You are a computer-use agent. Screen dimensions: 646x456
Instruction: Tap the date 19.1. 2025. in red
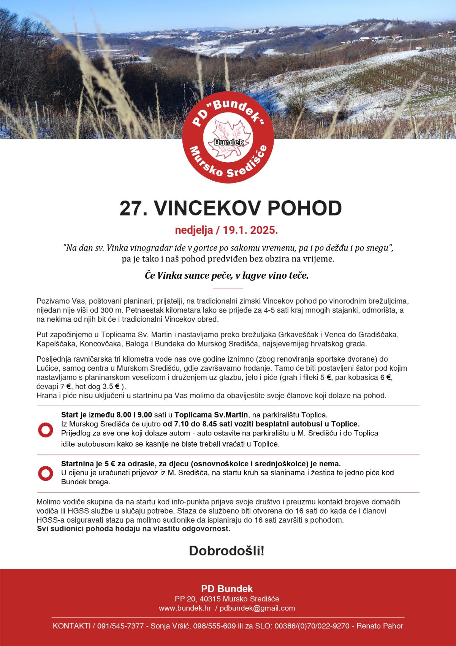pyautogui.click(x=251, y=230)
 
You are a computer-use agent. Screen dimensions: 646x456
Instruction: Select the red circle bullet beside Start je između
pyautogui.click(x=45, y=429)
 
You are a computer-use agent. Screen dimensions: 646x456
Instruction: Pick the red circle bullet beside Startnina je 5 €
pyautogui.click(x=45, y=473)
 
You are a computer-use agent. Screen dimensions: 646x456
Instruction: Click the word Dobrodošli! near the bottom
pyautogui.click(x=226, y=551)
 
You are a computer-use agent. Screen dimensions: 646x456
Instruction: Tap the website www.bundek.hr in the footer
pyautogui.click(x=185, y=608)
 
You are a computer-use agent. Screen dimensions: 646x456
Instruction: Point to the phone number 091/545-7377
pyautogui.click(x=120, y=626)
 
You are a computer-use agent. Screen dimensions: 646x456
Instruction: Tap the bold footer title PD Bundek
pyautogui.click(x=227, y=589)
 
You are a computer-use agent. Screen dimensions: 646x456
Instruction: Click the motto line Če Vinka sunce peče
pyautogui.click(x=227, y=275)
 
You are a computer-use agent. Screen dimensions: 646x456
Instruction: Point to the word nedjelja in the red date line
pyautogui.click(x=192, y=230)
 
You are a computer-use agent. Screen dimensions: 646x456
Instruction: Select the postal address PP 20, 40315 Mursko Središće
pyautogui.click(x=227, y=599)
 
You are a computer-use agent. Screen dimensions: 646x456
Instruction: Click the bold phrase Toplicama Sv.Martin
pyautogui.click(x=211, y=414)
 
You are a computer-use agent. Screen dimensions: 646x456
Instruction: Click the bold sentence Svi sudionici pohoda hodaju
pyautogui.click(x=133, y=529)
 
